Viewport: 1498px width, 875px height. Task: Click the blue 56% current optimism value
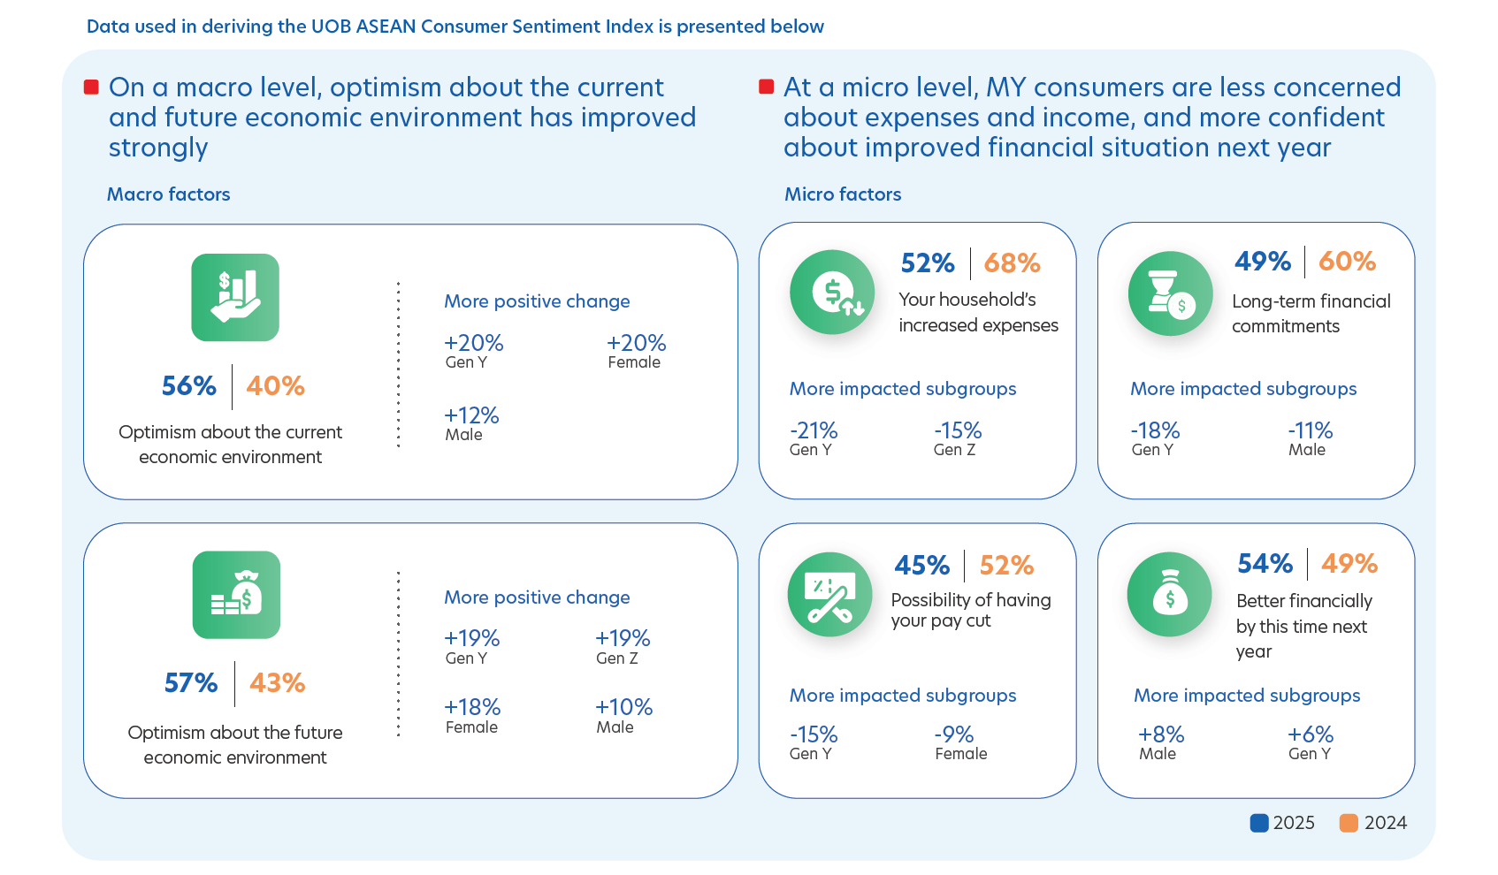188,386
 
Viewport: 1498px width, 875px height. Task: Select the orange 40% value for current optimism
275,386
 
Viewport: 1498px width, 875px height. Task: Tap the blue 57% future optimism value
190,683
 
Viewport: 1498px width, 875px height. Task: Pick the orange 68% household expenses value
1012,263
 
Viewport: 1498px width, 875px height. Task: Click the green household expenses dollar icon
832,293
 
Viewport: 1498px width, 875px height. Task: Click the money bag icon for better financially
1170,595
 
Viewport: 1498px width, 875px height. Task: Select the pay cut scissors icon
829,595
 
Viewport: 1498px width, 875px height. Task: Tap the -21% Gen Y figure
813,430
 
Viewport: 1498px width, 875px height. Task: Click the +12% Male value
471,415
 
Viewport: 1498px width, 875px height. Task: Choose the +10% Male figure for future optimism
623,707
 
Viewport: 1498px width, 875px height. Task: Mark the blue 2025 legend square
1259,823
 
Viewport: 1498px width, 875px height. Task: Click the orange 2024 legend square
1349,823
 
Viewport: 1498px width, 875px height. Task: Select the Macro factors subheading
168,194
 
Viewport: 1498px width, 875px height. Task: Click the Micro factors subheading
843,194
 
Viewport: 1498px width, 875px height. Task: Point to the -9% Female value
953,734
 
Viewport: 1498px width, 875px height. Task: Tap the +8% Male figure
1160,734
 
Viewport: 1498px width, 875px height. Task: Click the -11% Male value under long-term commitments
1310,430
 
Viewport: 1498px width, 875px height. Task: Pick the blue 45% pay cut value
921,566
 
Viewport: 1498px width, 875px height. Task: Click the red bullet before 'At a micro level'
767,87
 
